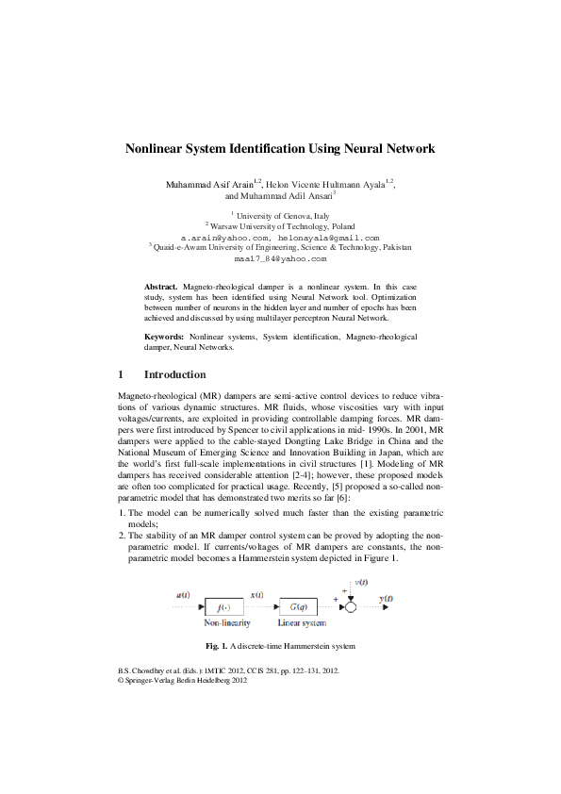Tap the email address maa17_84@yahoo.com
(x=280, y=257)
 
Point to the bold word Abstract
(x=160, y=284)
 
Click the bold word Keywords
(x=164, y=337)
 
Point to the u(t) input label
(x=183, y=595)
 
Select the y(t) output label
(x=387, y=598)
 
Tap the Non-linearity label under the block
(x=223, y=624)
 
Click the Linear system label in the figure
(x=301, y=624)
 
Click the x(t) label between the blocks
(x=256, y=595)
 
